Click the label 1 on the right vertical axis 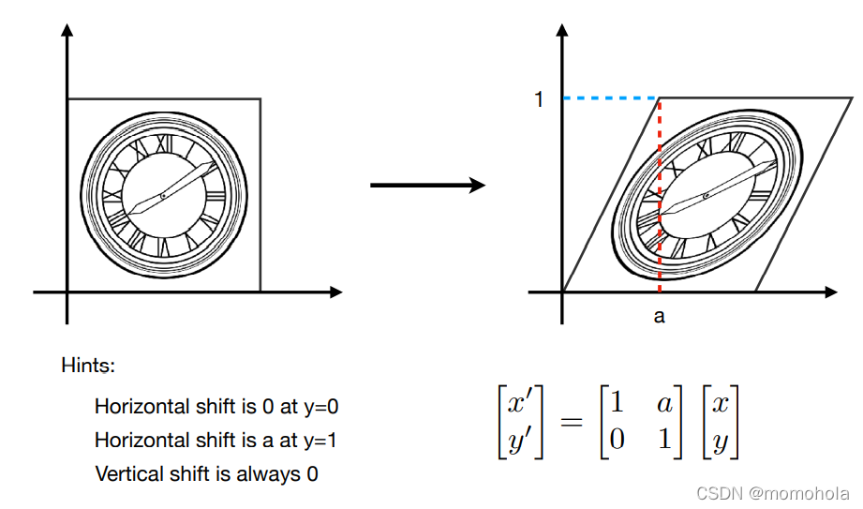coord(539,99)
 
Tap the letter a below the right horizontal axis coord(659,317)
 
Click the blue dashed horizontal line coord(611,98)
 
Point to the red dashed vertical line coord(660,195)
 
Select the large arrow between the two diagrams coord(427,185)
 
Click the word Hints coord(88,366)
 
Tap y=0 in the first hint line coord(321,407)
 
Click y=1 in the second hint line coord(320,441)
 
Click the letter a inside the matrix coord(664,404)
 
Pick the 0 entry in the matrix coord(617,439)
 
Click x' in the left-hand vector coord(519,403)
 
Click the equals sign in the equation coord(572,422)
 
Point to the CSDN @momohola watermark coord(773,493)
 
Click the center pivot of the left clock coord(163,196)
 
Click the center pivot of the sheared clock coord(707,196)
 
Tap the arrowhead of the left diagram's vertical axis coord(67,30)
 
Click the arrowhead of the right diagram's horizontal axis coord(831,292)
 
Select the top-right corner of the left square coord(260,99)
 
